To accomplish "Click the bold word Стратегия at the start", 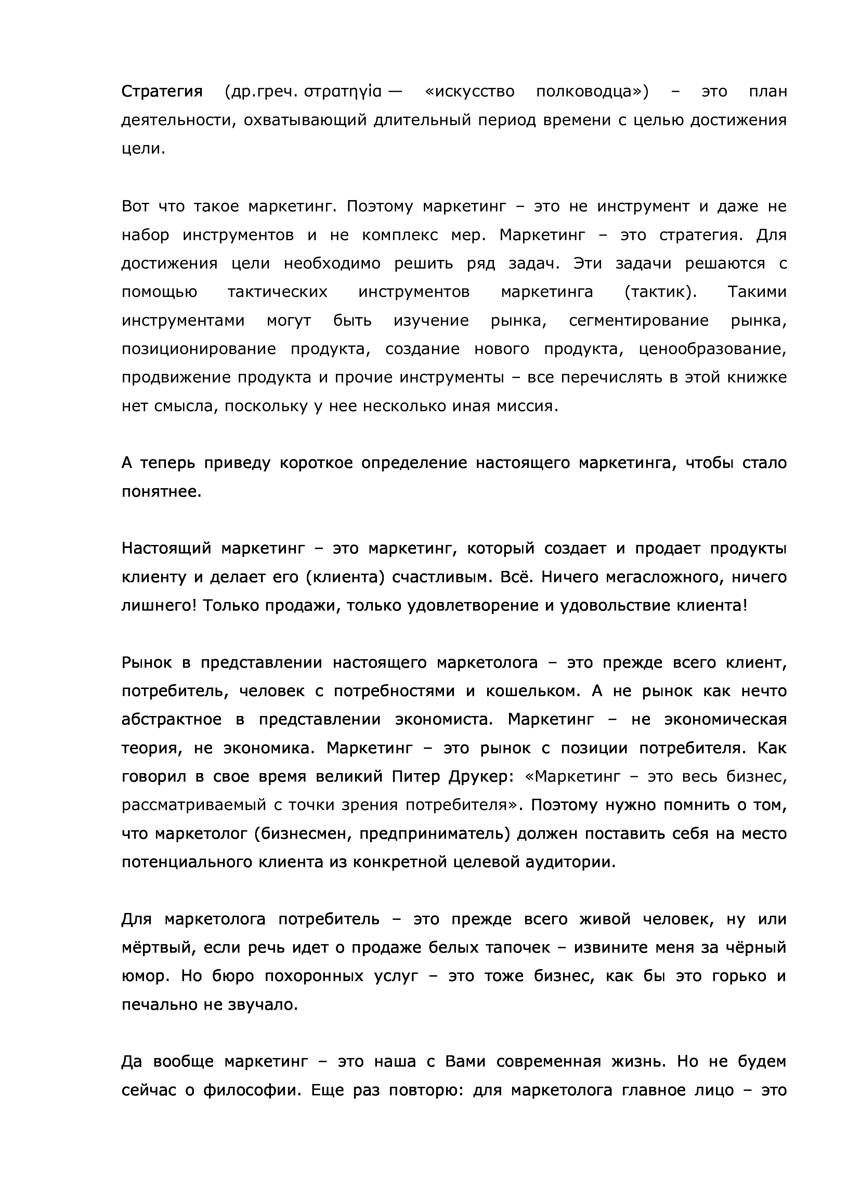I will click(161, 92).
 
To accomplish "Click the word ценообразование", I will click(713, 349).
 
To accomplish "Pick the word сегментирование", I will click(639, 321).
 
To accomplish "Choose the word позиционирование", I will click(198, 349).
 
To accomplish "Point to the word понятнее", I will click(161, 492).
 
